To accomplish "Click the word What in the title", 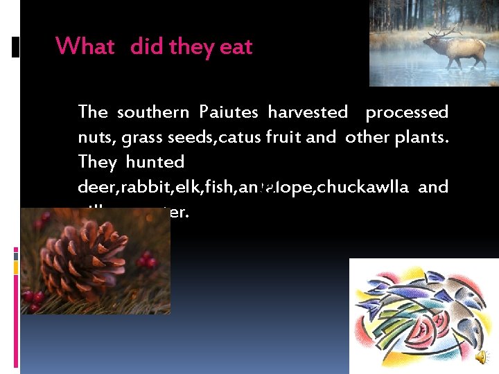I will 85,47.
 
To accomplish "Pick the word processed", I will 407,112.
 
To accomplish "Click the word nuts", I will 96,137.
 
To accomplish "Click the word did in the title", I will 146,47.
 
